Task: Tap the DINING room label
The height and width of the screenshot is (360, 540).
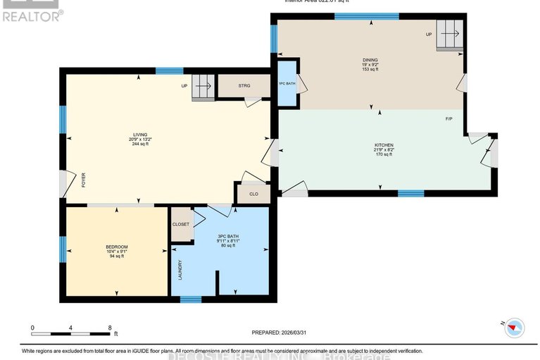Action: click(x=370, y=60)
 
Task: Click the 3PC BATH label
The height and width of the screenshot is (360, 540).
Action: click(x=229, y=236)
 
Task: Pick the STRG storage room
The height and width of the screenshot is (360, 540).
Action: click(x=244, y=86)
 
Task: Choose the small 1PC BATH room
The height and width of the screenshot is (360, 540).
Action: click(x=287, y=84)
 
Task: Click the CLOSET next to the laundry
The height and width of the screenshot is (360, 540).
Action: click(x=181, y=223)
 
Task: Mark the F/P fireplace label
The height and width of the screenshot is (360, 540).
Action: click(x=449, y=118)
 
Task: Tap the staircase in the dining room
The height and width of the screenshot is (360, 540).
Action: click(x=449, y=32)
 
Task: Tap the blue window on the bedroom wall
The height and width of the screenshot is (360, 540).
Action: click(x=63, y=244)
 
